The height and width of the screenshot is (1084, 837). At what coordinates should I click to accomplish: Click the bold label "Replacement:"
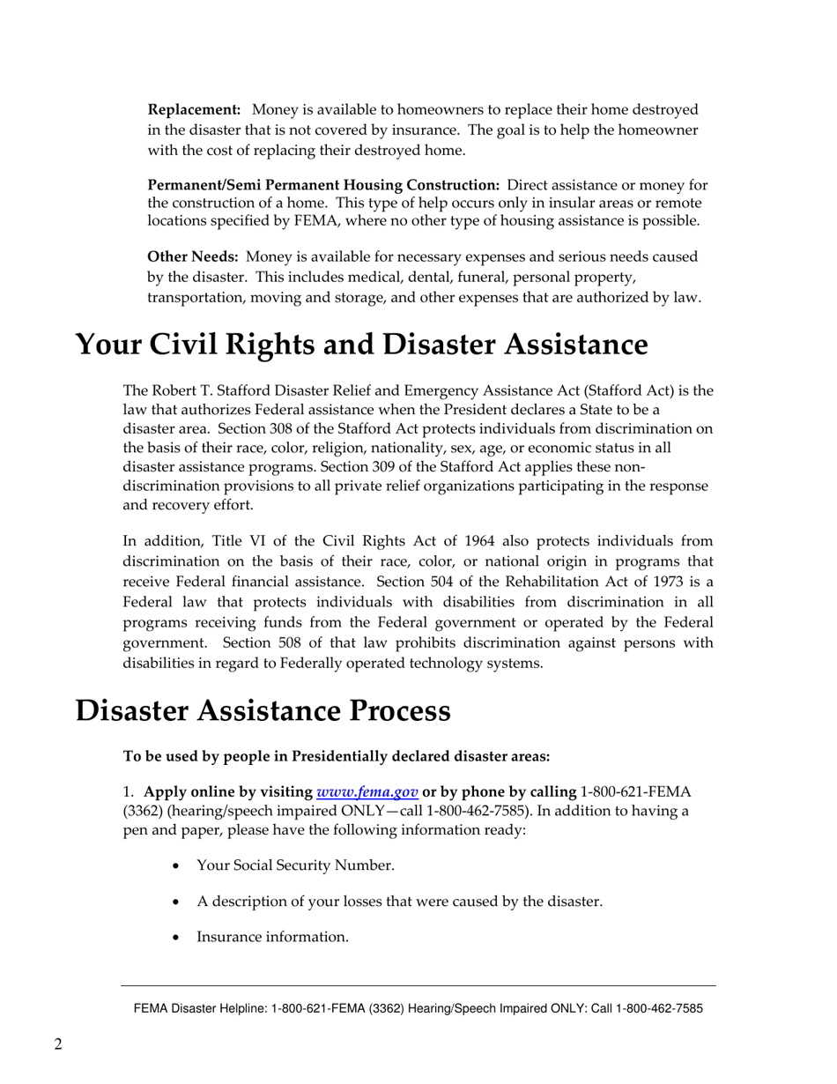click(x=194, y=109)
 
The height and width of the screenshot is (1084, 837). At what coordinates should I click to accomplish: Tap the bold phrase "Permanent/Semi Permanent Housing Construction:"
click(x=323, y=184)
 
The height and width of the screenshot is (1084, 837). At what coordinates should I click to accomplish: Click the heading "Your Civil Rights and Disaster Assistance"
click(x=361, y=345)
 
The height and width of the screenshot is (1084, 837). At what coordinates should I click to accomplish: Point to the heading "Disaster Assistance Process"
click(x=263, y=710)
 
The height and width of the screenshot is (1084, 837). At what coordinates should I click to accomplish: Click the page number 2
click(x=58, y=1045)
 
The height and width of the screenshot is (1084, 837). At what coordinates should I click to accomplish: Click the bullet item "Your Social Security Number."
click(x=295, y=865)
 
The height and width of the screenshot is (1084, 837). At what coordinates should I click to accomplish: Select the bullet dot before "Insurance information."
click(x=177, y=937)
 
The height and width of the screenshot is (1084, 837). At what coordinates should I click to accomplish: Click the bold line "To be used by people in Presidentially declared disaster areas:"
click(x=337, y=756)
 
